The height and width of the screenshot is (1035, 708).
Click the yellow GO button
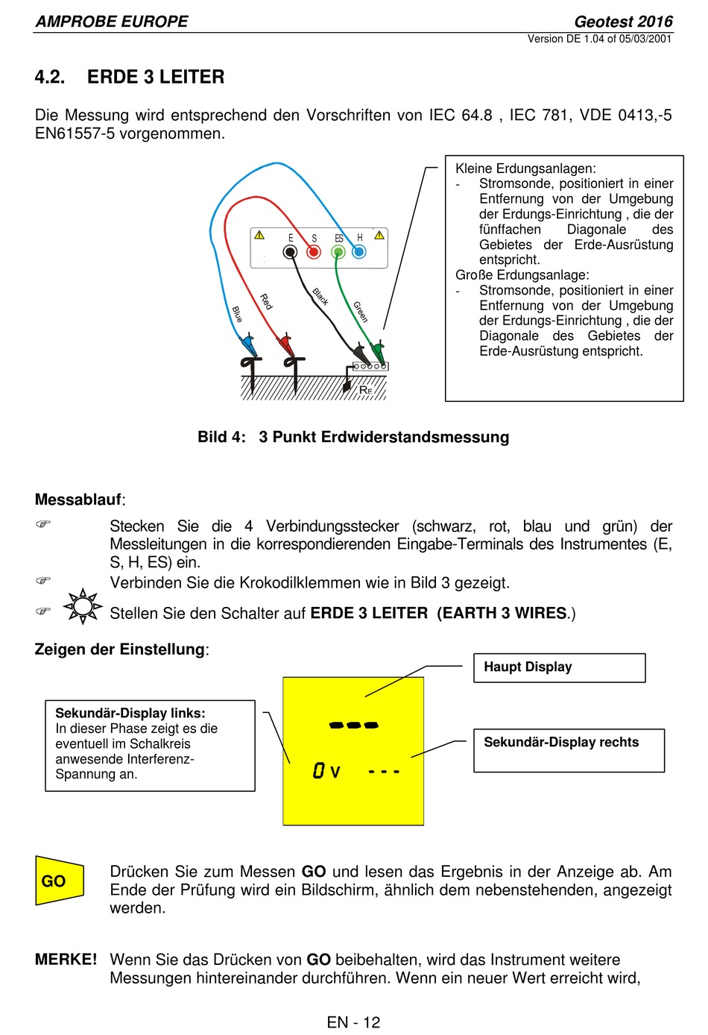pos(58,881)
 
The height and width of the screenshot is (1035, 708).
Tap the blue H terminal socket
pos(359,252)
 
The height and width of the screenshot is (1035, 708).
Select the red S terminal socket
pos(314,252)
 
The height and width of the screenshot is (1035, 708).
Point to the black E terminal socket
pos(290,252)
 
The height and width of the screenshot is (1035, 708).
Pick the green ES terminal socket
pos(338,253)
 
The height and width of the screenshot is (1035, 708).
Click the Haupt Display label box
pos(559,667)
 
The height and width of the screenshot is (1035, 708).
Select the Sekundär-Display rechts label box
pos(568,749)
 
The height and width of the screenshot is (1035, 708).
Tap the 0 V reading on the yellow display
pos(326,771)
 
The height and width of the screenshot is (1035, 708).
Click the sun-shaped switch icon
pos(83,606)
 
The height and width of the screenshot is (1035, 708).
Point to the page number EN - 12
pos(353,1022)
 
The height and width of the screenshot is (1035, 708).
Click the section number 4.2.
pos(50,77)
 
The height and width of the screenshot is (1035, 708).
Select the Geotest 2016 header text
pos(623,22)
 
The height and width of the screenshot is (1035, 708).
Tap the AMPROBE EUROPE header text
pos(112,22)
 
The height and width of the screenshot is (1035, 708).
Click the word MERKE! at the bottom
pos(66,960)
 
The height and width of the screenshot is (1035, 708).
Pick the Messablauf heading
pos(78,500)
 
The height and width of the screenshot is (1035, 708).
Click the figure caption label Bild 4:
pos(221,437)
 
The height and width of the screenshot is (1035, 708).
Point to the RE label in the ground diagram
pos(365,390)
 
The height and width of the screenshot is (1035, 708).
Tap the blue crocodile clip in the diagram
pos(247,345)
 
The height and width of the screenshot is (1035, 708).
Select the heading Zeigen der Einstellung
pos(119,649)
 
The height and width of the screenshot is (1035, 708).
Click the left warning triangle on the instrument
pos(259,235)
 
